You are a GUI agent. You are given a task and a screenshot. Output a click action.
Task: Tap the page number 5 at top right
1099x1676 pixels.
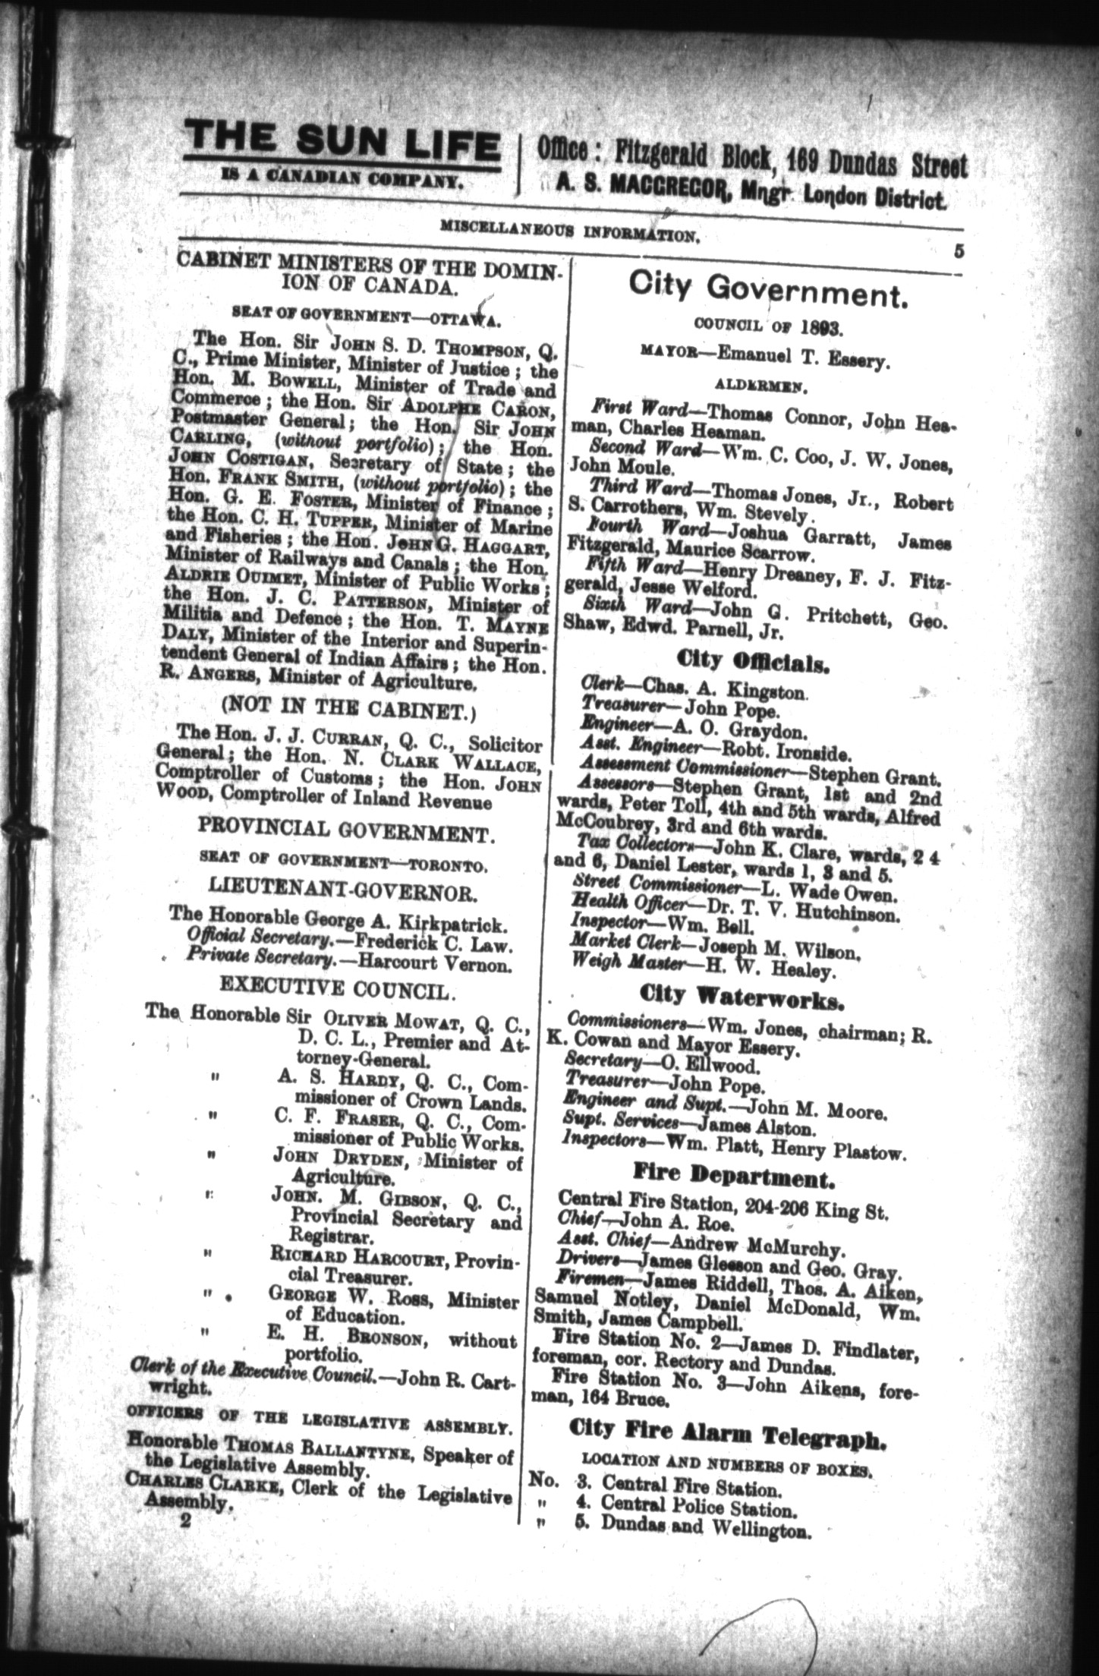point(959,252)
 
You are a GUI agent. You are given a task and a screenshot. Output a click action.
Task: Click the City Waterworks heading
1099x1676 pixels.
point(742,995)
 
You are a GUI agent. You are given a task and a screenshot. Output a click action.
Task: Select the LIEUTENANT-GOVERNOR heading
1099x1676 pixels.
point(345,891)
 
